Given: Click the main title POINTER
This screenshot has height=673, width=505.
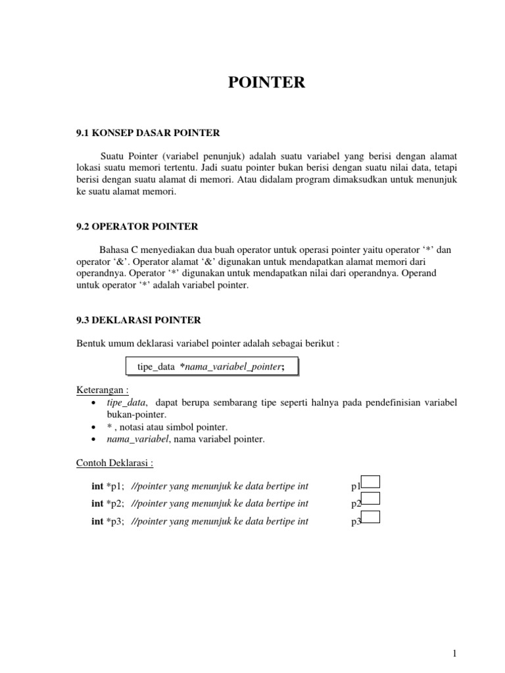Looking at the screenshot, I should (266, 82).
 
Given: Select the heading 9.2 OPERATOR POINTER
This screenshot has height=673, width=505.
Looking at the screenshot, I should (137, 226).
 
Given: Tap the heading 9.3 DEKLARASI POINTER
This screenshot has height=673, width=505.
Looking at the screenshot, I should (139, 320).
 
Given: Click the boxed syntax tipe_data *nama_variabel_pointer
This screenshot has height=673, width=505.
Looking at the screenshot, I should (211, 366).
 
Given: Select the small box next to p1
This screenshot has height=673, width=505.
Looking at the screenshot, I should (371, 484).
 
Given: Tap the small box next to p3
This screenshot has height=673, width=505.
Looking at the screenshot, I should (371, 517).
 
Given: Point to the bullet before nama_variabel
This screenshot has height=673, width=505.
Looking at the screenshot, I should (95, 439).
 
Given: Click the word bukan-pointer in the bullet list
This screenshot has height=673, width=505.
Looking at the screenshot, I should (132, 415).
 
